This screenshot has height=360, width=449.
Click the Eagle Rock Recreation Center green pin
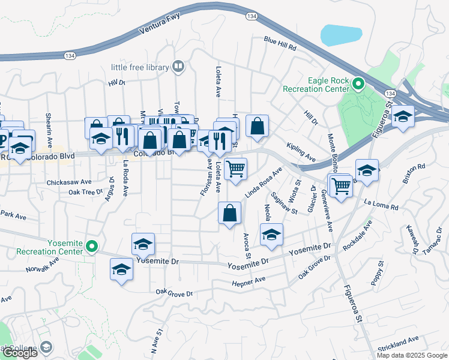(358, 84)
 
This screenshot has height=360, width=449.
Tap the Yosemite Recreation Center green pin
(92, 245)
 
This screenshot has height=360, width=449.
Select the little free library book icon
(178, 67)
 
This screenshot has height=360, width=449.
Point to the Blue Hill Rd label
(280, 43)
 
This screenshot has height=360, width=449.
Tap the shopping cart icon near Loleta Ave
(236, 168)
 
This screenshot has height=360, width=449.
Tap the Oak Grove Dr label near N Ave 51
(174, 293)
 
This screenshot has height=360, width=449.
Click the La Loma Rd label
(385, 206)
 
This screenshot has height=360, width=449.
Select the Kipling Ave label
(301, 153)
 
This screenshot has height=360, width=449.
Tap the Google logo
(20, 353)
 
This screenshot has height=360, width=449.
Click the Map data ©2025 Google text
(412, 355)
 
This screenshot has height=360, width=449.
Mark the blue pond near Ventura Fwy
(341, 35)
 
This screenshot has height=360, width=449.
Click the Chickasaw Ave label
(69, 181)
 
